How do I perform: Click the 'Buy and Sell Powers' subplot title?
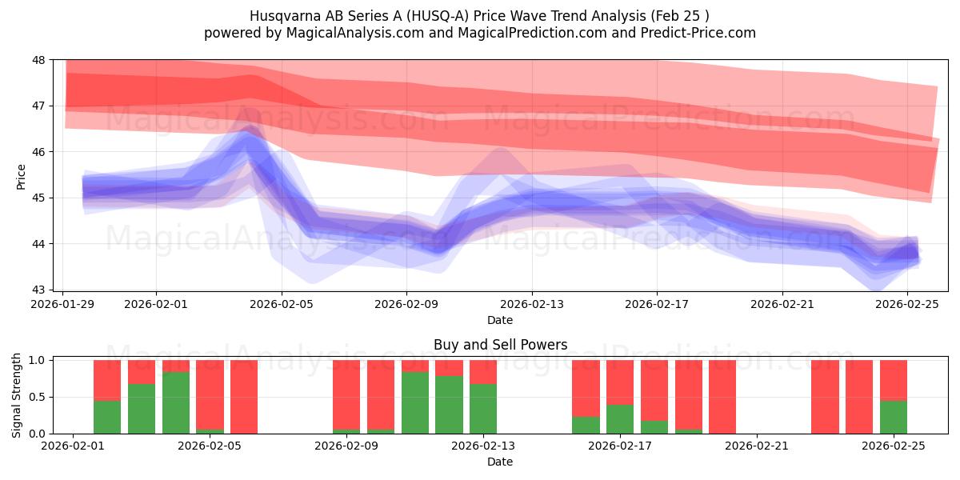tap(500, 345)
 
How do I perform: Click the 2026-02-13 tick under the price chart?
tap(532, 304)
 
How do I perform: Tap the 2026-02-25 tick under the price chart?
tap(907, 304)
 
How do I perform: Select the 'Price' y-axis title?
tap(22, 176)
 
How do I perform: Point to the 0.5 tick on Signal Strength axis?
tap(38, 397)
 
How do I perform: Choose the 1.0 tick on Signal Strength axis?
tap(38, 360)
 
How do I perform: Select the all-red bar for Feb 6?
tap(244, 397)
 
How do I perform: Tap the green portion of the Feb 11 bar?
tap(449, 405)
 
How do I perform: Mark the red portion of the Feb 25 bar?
tap(894, 380)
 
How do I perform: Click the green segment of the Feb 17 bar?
tap(620, 418)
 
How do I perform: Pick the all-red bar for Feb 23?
tap(825, 397)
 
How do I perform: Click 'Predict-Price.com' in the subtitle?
tap(695, 33)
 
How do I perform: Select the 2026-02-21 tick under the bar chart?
tap(757, 446)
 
